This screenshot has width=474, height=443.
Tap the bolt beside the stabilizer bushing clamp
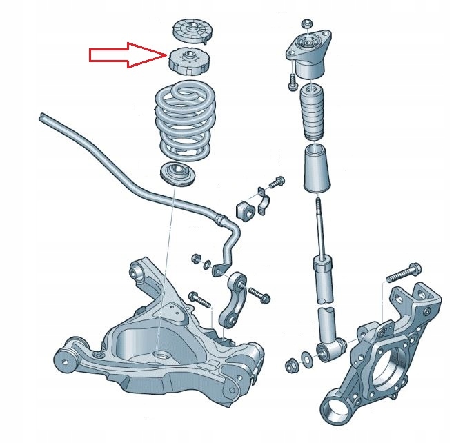click(277, 183)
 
